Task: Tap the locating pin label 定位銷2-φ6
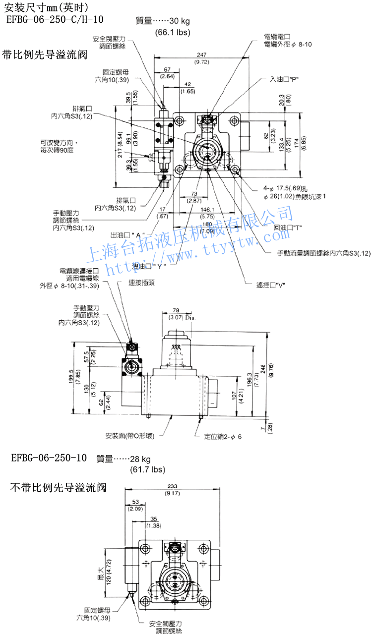point(223,437)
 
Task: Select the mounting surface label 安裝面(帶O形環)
point(130,436)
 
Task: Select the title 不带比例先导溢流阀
point(59,488)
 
